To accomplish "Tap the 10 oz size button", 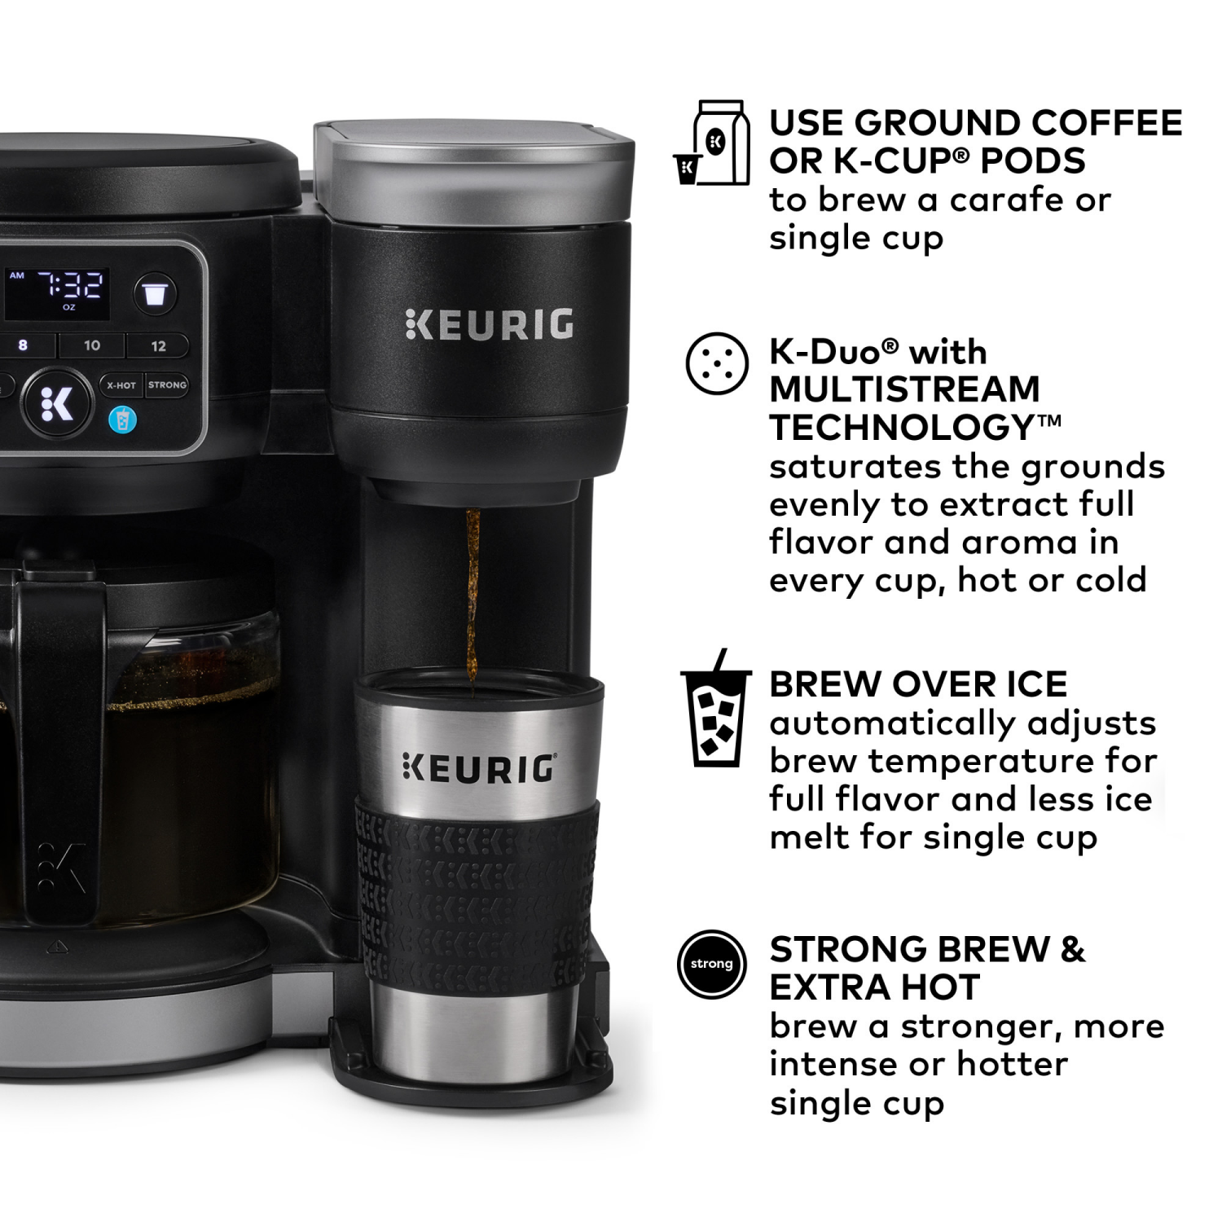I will click(x=92, y=345).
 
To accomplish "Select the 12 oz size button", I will click(x=158, y=345).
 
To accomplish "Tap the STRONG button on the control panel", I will click(x=167, y=385).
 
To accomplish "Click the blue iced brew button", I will click(x=122, y=420).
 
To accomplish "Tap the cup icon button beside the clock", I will click(x=155, y=293).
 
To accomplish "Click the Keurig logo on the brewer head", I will click(x=489, y=324).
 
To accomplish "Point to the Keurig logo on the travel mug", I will click(x=479, y=768).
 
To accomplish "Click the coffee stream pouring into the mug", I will click(x=472, y=595).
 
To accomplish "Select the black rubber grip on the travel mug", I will click(x=477, y=896).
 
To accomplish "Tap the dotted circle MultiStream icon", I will click(x=717, y=363).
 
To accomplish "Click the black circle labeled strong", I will click(x=711, y=964).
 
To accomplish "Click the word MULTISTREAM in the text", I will click(x=904, y=389).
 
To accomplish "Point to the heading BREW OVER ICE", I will click(x=918, y=684).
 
